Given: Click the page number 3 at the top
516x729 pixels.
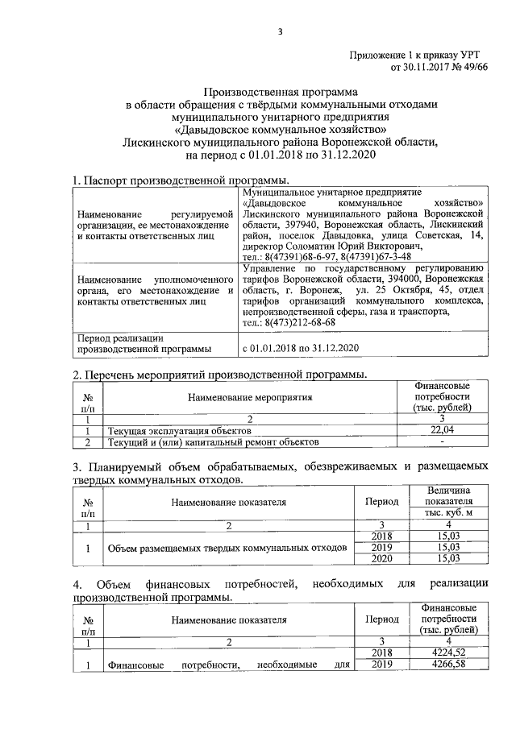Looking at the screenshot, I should point(280,31).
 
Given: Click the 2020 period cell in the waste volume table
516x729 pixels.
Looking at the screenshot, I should point(381,558).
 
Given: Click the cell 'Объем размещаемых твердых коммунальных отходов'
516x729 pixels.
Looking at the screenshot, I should point(228,548).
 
